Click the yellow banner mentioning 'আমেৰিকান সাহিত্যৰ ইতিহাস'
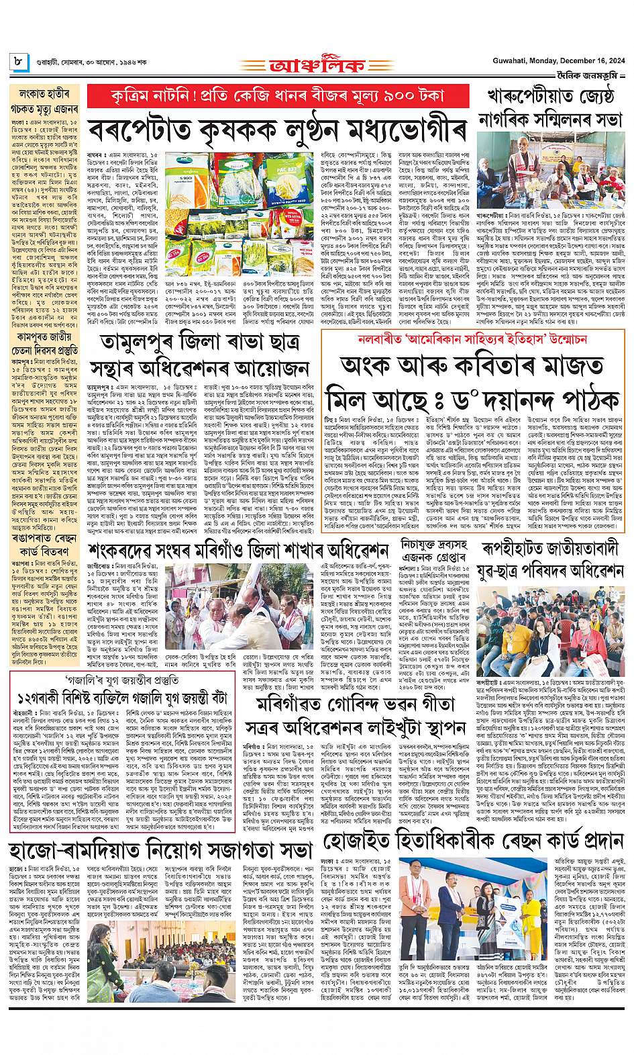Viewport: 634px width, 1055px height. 474,339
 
